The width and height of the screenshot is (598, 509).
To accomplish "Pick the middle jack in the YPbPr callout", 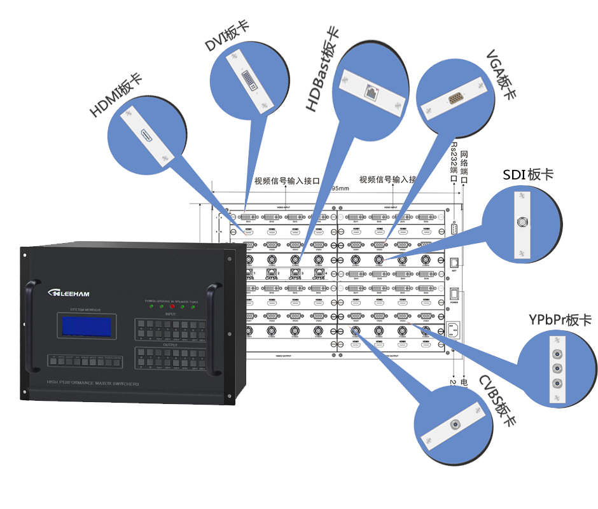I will pyautogui.click(x=557, y=368).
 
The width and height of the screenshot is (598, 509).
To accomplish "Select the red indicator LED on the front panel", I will pyautogui.click(x=172, y=307).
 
